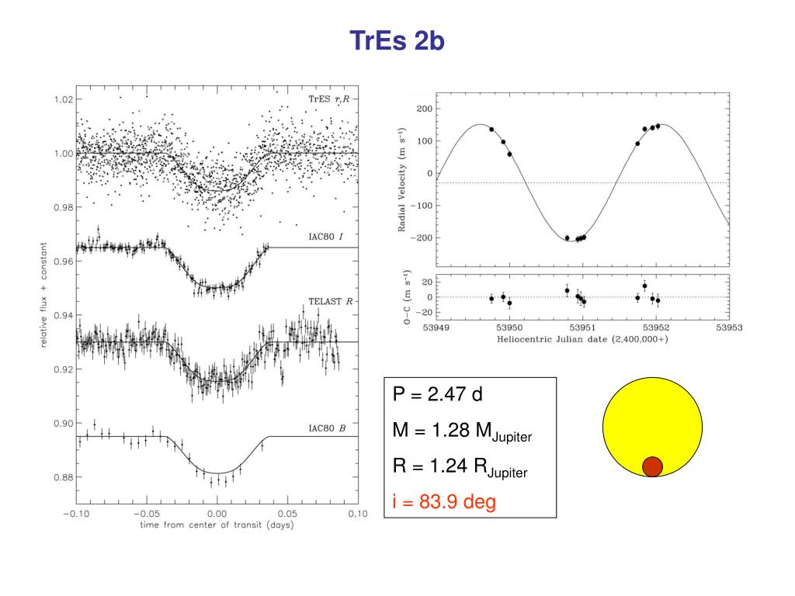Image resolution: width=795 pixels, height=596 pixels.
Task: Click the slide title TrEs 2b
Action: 397,40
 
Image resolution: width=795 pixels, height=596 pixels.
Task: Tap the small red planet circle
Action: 652,466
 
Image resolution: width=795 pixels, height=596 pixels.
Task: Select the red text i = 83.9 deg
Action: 443,502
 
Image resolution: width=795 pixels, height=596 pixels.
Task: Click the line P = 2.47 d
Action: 437,394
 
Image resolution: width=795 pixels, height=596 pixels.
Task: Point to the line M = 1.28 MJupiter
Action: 462,431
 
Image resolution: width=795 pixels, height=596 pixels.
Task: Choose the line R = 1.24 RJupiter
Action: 460,467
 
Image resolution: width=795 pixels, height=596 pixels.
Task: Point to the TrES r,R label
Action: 330,100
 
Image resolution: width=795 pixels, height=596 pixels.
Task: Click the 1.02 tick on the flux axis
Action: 63,99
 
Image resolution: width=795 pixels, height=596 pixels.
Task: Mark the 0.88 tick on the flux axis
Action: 63,477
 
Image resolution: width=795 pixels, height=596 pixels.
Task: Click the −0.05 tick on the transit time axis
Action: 145,513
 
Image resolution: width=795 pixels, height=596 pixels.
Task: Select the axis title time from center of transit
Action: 210,525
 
